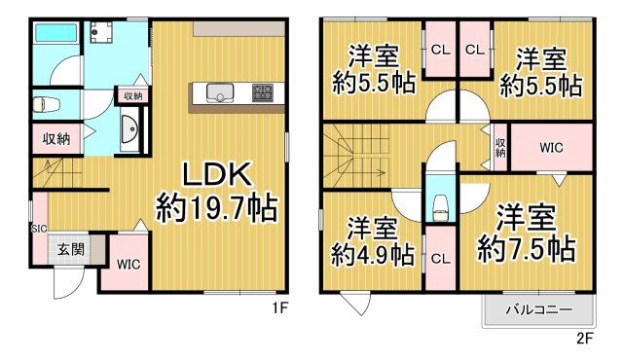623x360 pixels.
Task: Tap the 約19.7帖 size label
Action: click(x=217, y=207)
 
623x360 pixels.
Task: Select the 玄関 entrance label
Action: click(x=69, y=250)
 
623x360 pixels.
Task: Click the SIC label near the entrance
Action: click(x=38, y=229)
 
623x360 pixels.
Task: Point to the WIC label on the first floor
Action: click(x=127, y=264)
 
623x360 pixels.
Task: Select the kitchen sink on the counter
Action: click(x=219, y=93)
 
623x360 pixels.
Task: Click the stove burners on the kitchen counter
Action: click(x=264, y=93)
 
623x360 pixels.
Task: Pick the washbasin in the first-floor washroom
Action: click(x=128, y=127)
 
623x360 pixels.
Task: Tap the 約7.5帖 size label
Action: click(x=525, y=250)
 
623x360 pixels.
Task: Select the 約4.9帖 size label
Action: click(x=373, y=255)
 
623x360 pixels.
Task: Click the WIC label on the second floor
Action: click(x=551, y=148)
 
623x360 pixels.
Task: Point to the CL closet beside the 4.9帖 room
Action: click(x=439, y=258)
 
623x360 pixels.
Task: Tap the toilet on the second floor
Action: click(x=439, y=204)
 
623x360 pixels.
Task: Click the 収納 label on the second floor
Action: click(x=500, y=148)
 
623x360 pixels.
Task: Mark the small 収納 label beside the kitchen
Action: click(x=133, y=95)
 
